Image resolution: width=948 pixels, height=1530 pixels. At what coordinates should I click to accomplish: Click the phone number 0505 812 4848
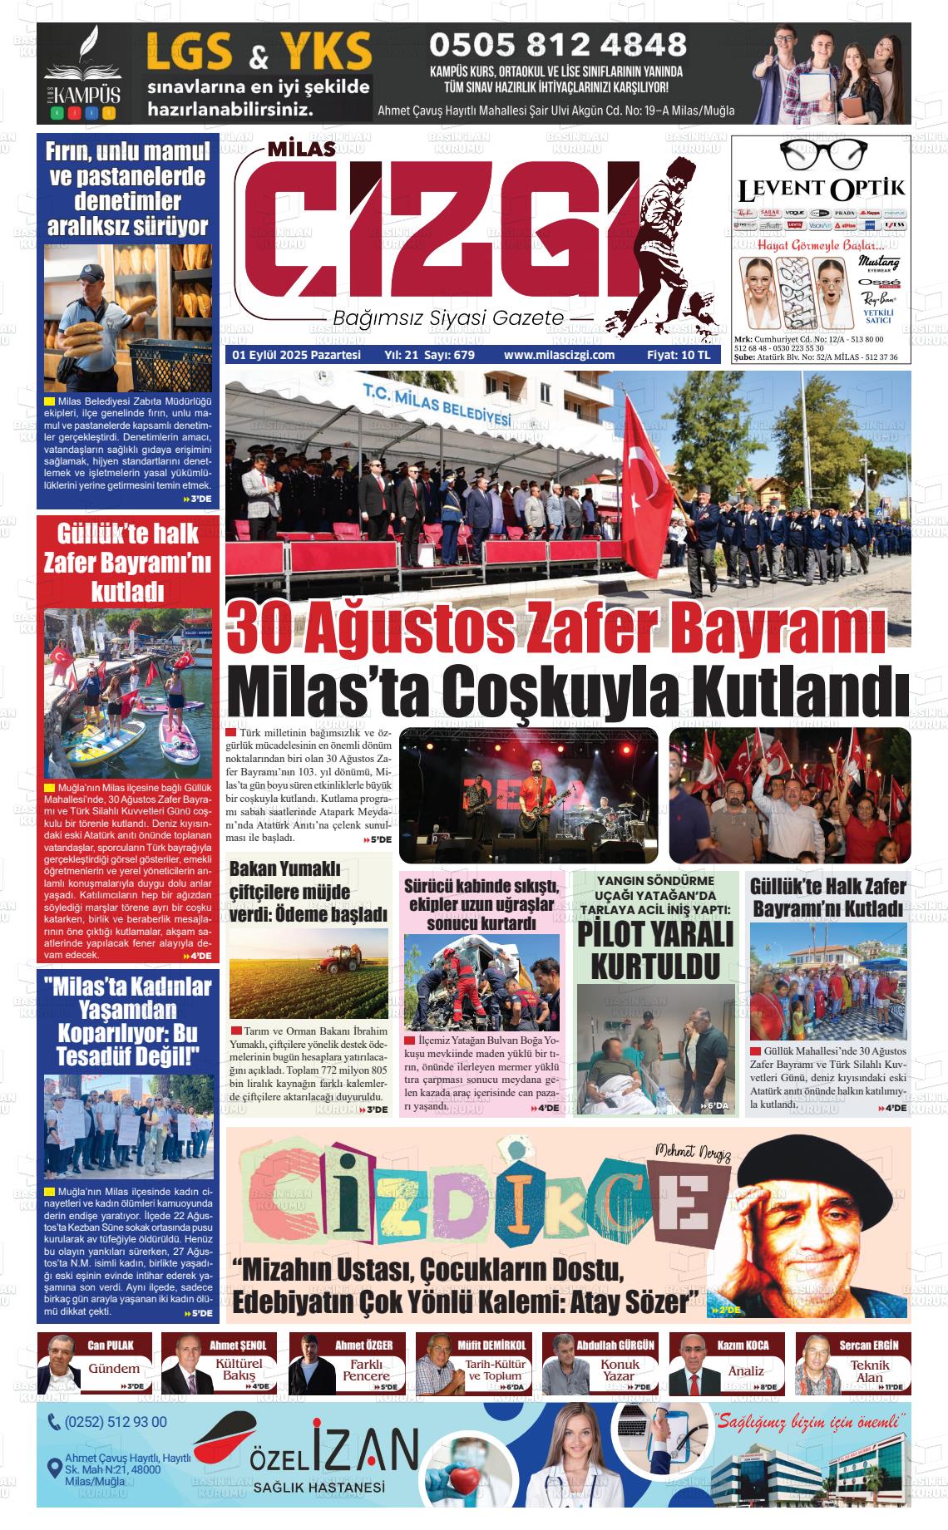pos(557,45)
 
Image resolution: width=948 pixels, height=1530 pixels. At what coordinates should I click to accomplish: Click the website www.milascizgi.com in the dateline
pos(559,355)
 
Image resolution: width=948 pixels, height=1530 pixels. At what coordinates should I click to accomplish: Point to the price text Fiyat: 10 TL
pos(679,355)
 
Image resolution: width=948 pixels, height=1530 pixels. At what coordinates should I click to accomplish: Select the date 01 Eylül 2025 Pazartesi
pos(296,355)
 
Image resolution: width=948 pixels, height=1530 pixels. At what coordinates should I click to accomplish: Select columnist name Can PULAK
pos(110,1345)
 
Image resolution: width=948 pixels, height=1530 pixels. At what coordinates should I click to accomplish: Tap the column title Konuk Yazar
pos(620,1370)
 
